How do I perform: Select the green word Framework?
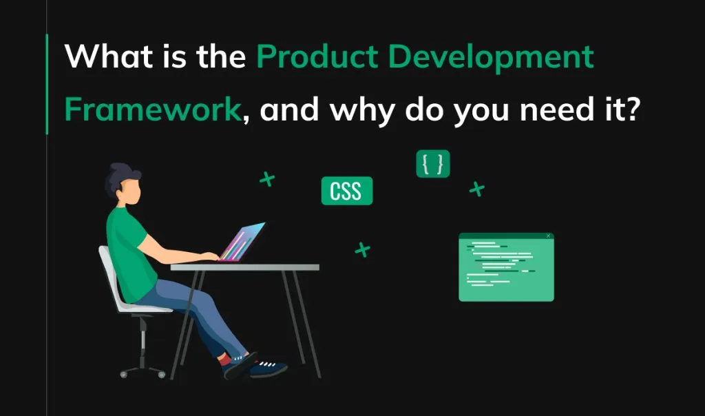coord(152,110)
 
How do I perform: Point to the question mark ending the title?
coord(630,110)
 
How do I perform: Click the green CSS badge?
coord(346,191)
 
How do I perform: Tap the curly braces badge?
coord(433,164)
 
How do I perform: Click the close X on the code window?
coord(548,236)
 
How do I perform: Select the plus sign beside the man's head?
coord(266,180)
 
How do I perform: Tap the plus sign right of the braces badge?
coord(476,188)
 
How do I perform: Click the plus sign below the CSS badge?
coord(362,249)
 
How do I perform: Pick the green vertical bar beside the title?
coord(47,83)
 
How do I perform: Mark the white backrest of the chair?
coord(110,275)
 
